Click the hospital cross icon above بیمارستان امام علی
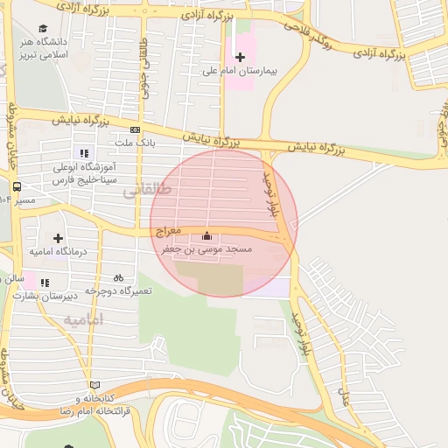click(x=240, y=57)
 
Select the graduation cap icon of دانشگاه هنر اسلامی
click(x=44, y=28)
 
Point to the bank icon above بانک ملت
click(x=134, y=129)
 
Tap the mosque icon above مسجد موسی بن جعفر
click(x=207, y=235)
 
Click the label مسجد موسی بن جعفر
click(x=207, y=249)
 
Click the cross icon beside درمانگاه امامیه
click(x=58, y=238)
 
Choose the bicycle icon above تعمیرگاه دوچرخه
click(x=118, y=276)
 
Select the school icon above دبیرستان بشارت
click(x=45, y=282)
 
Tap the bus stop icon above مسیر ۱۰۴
click(x=17, y=186)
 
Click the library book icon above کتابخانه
click(x=94, y=385)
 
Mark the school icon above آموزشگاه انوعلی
click(x=84, y=153)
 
